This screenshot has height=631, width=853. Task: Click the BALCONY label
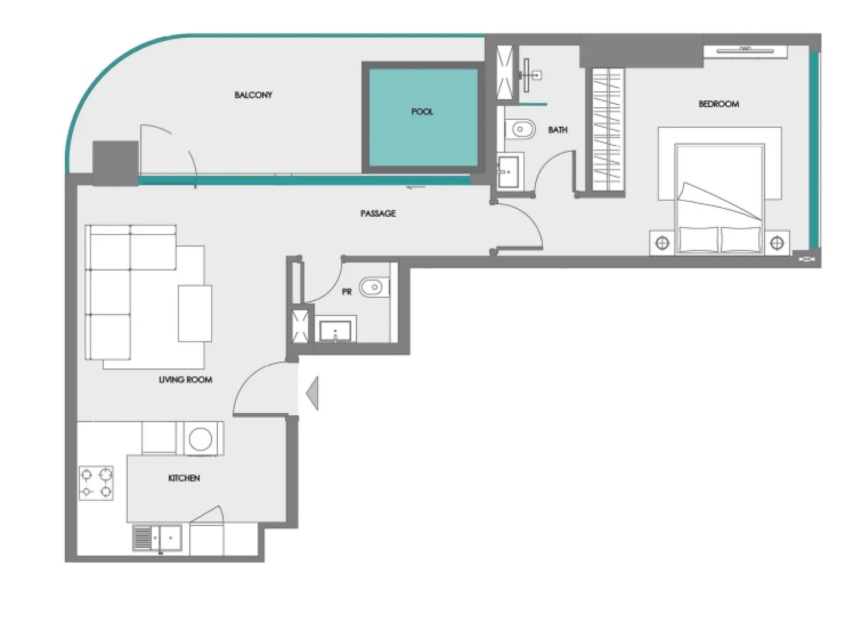click(253, 95)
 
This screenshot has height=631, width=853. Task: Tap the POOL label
click(422, 112)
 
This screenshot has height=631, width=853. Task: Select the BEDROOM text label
click(718, 104)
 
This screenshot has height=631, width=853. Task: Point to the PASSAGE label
click(378, 213)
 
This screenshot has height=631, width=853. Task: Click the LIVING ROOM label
click(185, 380)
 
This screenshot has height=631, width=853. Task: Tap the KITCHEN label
click(184, 478)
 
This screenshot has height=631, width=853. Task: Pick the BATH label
click(558, 130)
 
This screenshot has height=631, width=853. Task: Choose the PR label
click(346, 292)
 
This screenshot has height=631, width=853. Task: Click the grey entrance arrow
click(312, 393)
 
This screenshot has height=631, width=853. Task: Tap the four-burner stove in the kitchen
click(96, 483)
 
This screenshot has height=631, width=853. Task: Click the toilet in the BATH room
click(519, 130)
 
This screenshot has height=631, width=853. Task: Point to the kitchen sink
click(157, 537)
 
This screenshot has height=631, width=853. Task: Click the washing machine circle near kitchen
click(201, 439)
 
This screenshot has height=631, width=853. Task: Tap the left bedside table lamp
click(662, 243)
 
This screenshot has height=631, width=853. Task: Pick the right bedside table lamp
click(777, 243)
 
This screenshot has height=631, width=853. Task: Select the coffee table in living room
click(194, 313)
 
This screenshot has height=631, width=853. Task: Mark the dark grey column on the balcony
click(115, 163)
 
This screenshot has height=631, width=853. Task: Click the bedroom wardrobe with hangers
click(607, 130)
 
